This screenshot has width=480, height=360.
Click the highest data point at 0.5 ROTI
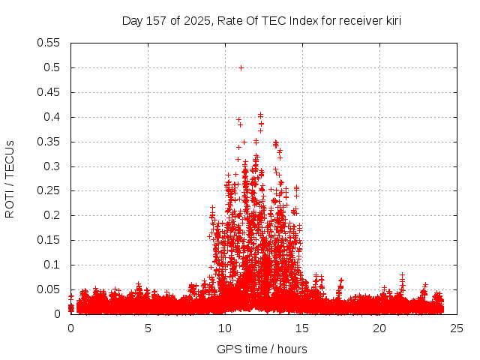pyautogui.click(x=241, y=67)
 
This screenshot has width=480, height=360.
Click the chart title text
pyautogui.click(x=262, y=20)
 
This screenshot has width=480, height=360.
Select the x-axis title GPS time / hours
pyautogui.click(x=262, y=349)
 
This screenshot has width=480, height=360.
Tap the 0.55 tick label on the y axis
pyautogui.click(x=49, y=43)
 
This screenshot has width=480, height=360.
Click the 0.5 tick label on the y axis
pyautogui.click(x=52, y=67)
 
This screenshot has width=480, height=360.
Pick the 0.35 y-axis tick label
pyautogui.click(x=49, y=142)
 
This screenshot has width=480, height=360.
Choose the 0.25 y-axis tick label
pyautogui.click(x=49, y=191)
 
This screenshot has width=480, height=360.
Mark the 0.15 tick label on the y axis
pyautogui.click(x=49, y=240)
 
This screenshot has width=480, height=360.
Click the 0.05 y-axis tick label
pyautogui.click(x=49, y=289)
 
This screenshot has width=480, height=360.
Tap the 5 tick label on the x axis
pyautogui.click(x=148, y=328)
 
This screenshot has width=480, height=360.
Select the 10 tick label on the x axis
pyautogui.click(x=225, y=328)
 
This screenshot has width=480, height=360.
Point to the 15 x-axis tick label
pyautogui.click(x=302, y=328)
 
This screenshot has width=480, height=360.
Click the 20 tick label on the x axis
pyautogui.click(x=379, y=328)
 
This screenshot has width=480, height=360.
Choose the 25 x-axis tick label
pyautogui.click(x=457, y=328)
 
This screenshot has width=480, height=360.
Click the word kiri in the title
pyautogui.click(x=391, y=20)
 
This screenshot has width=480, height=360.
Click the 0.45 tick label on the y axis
pyautogui.click(x=49, y=92)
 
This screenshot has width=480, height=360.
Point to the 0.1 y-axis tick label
pyautogui.click(x=52, y=265)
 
